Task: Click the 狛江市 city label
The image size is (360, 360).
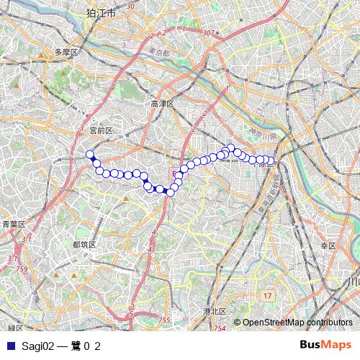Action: point(100,12)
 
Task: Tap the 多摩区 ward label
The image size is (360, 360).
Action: point(66,53)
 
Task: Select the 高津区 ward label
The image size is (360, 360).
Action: point(163,104)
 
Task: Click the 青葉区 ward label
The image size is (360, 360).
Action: point(14,224)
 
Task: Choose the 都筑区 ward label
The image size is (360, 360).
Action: point(84,245)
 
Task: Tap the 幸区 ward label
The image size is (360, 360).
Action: point(328,246)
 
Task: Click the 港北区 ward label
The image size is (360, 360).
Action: point(215,311)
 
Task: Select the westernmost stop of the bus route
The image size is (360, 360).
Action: point(90,154)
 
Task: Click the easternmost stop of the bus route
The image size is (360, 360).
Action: point(271,161)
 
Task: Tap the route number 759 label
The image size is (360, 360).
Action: point(22,269)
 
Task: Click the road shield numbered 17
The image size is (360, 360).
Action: point(267,296)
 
